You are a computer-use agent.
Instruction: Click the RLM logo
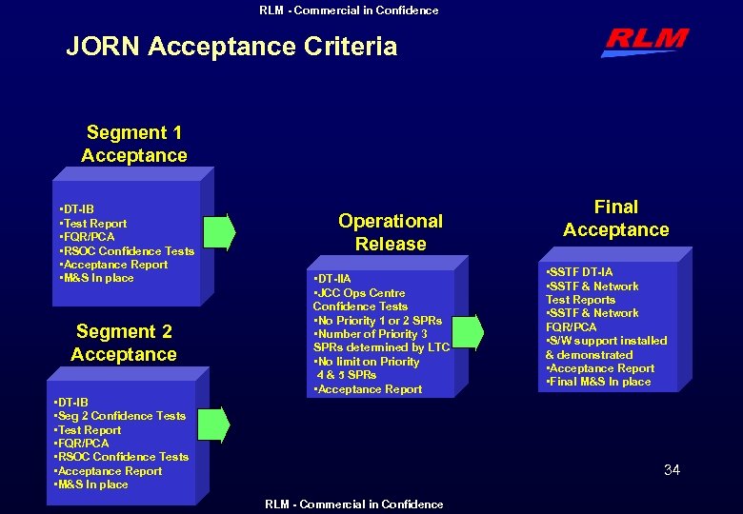point(644,41)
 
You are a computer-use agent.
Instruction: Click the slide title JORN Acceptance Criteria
point(231,46)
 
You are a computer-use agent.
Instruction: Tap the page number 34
point(672,469)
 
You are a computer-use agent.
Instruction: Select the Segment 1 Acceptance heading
point(134,144)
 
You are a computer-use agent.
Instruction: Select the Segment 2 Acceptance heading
point(124,343)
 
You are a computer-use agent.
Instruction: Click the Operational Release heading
point(391,232)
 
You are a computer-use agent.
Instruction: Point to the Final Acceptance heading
point(616,218)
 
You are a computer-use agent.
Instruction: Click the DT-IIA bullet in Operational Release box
point(332,278)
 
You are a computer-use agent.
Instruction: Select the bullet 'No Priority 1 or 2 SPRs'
point(378,321)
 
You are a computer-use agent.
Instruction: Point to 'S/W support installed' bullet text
point(607,341)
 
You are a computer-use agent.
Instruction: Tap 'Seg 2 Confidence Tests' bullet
point(120,416)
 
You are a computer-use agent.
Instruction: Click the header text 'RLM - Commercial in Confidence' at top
point(349,10)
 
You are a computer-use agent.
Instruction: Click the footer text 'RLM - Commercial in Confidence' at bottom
point(353,504)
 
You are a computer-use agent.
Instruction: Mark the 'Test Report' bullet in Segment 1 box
point(93,224)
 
